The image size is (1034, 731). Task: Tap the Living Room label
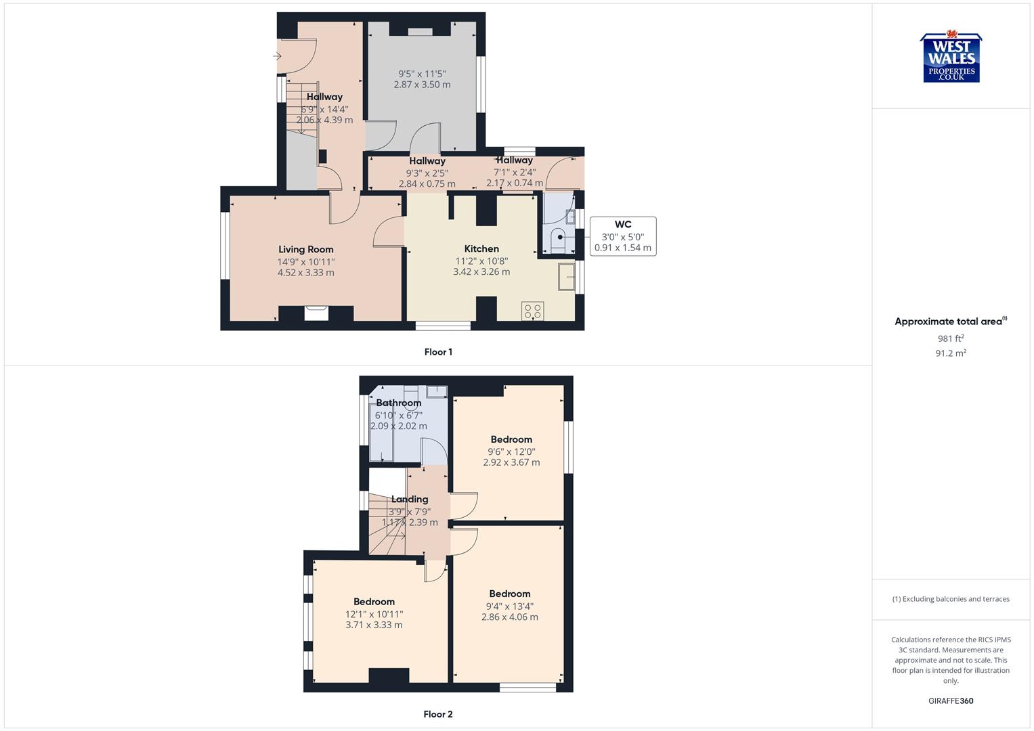(x=306, y=249)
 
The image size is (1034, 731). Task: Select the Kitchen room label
(x=481, y=248)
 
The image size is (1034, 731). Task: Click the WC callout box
(x=622, y=236)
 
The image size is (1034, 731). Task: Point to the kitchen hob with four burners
(x=532, y=311)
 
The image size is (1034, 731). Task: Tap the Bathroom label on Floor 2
(x=399, y=403)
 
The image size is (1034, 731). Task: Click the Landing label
(x=410, y=499)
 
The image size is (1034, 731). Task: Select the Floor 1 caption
(x=438, y=352)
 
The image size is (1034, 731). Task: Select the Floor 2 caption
(x=438, y=714)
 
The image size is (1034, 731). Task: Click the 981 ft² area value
(x=951, y=338)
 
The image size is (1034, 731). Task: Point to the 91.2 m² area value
(x=951, y=353)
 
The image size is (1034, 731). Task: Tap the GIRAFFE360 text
(x=951, y=701)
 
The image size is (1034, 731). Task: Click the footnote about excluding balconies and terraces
(x=951, y=599)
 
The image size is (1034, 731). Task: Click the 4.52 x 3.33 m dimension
(x=306, y=273)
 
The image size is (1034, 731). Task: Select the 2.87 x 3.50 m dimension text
(x=422, y=85)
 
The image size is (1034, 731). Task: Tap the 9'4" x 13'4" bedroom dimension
(x=510, y=606)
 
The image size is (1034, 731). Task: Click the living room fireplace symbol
(x=316, y=312)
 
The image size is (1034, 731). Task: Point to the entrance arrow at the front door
(x=277, y=56)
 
